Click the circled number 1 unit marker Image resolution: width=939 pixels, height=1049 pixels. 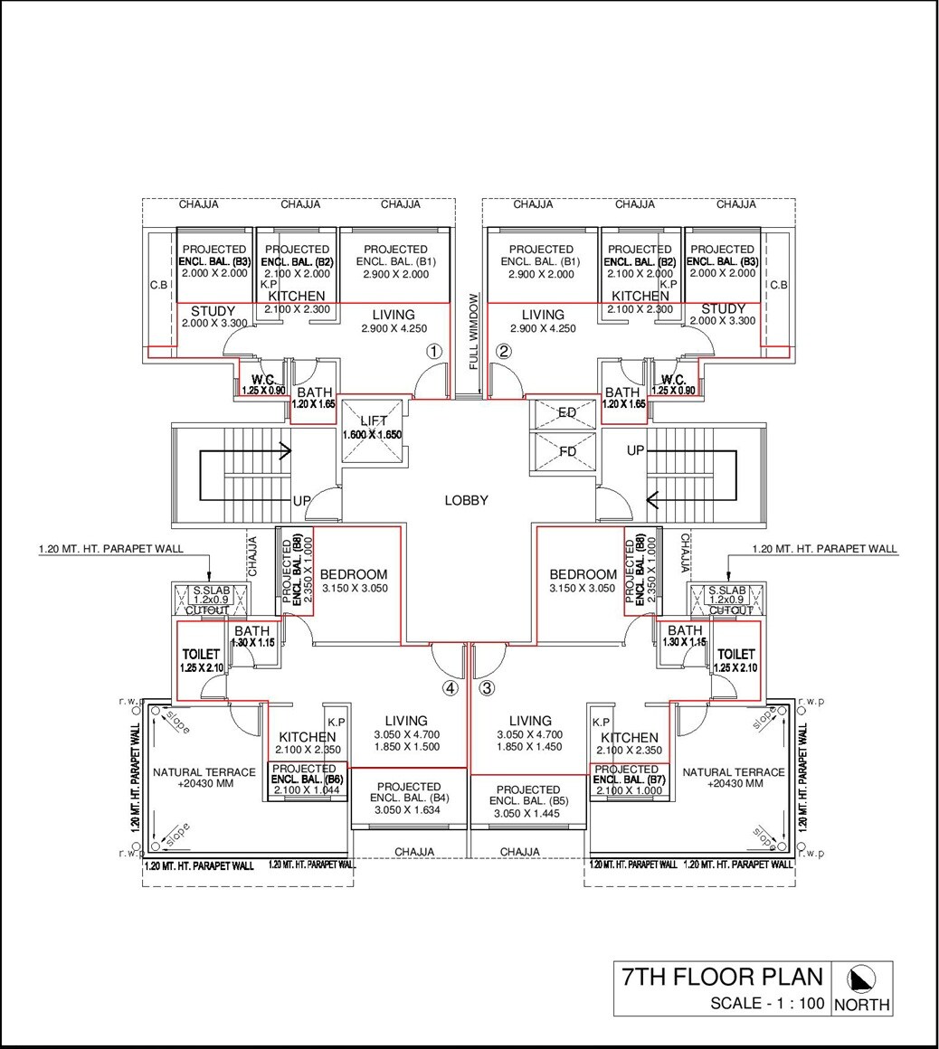[435, 352]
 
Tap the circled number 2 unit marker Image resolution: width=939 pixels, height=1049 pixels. [504, 352]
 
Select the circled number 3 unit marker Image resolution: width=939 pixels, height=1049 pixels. [488, 688]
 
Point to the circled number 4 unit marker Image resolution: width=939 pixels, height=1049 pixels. [450, 688]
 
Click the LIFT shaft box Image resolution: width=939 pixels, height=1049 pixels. [372, 430]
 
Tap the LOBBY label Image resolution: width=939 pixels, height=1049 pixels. [467, 500]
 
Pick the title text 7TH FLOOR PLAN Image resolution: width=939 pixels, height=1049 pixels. [722, 978]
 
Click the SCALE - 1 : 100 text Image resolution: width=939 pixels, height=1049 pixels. [766, 1003]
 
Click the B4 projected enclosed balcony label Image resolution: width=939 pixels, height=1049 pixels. [409, 793]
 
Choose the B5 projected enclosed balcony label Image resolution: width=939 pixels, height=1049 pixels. [528, 796]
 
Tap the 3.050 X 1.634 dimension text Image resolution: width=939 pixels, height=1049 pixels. [409, 811]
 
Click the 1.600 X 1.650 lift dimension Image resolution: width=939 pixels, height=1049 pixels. [372, 435]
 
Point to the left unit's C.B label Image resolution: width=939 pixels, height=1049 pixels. [158, 285]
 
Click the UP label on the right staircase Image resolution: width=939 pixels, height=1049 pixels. [636, 449]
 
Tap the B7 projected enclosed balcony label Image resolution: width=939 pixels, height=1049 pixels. [626, 775]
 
